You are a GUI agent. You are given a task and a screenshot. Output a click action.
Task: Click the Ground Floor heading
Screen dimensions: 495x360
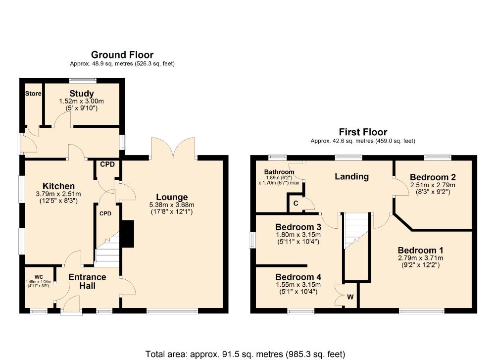click(x=122, y=54)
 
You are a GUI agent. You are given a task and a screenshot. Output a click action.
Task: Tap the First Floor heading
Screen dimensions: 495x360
click(x=363, y=132)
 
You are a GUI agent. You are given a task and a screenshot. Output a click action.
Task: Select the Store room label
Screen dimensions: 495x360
click(x=33, y=94)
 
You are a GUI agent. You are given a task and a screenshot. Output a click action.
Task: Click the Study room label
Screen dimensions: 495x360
click(x=82, y=94)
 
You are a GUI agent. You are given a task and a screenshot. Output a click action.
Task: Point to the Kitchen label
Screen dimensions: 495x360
click(x=58, y=186)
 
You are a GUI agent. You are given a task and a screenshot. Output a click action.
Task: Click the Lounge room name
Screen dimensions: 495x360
click(x=172, y=197)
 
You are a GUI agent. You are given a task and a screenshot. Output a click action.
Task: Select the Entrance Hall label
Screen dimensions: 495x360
click(x=87, y=281)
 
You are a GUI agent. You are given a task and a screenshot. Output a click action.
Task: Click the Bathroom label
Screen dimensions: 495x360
click(x=279, y=172)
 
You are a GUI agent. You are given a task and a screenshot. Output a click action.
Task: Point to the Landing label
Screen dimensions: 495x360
click(x=351, y=176)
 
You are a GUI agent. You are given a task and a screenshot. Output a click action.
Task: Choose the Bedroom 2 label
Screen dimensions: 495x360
click(x=433, y=177)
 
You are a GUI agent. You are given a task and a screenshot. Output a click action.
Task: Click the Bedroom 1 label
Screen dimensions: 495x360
click(x=420, y=251)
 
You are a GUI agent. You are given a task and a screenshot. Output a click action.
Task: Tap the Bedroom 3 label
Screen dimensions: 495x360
click(x=298, y=227)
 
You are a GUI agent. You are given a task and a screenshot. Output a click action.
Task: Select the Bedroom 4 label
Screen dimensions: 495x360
click(x=298, y=277)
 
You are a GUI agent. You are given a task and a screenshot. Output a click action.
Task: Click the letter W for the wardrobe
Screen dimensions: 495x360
click(x=350, y=297)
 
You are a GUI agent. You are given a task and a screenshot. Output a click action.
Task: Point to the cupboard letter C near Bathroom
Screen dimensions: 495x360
click(x=296, y=204)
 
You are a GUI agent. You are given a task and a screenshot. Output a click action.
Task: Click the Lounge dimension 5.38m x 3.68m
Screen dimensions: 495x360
click(x=172, y=205)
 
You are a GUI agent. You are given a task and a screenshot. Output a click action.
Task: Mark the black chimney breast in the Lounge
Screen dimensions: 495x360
click(x=128, y=234)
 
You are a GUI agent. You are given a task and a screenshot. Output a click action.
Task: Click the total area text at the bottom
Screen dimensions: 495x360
click(x=246, y=354)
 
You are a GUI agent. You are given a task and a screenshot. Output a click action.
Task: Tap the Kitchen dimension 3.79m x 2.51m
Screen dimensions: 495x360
click(x=58, y=194)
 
